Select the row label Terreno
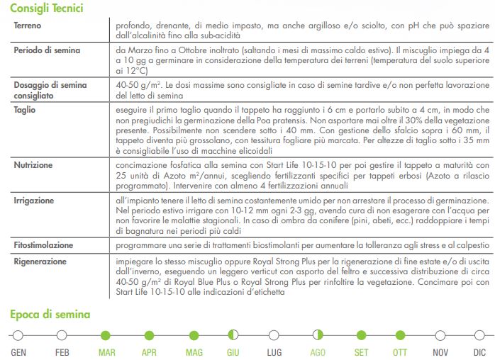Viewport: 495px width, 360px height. tap(29, 26)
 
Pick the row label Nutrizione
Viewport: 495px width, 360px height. tap(33, 165)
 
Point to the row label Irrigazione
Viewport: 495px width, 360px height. tap(34, 201)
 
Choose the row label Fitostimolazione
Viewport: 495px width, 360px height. tap(43, 245)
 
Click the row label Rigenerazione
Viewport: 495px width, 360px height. tap(40, 261)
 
